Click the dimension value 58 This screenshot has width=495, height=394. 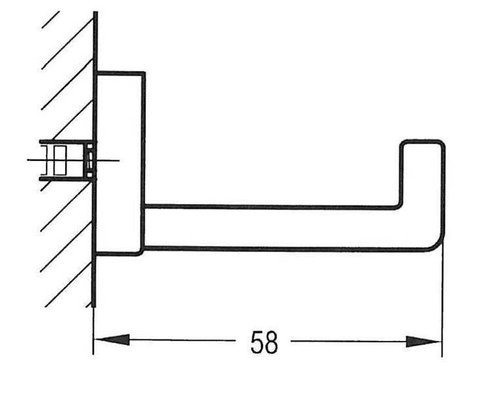[x=264, y=343]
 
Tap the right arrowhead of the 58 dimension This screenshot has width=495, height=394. [x=423, y=342]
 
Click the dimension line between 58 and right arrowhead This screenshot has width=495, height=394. [x=348, y=342]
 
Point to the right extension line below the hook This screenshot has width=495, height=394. [x=442, y=302]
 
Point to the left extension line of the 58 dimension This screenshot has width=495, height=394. [x=93, y=328]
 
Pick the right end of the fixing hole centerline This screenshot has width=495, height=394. [x=118, y=160]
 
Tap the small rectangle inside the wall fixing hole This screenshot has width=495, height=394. [x=60, y=160]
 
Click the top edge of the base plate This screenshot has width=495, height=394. [x=120, y=73]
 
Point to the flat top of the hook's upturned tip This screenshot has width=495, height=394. [x=422, y=141]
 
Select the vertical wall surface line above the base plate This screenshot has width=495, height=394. [x=95, y=39]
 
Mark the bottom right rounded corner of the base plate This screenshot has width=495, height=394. [x=141, y=252]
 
